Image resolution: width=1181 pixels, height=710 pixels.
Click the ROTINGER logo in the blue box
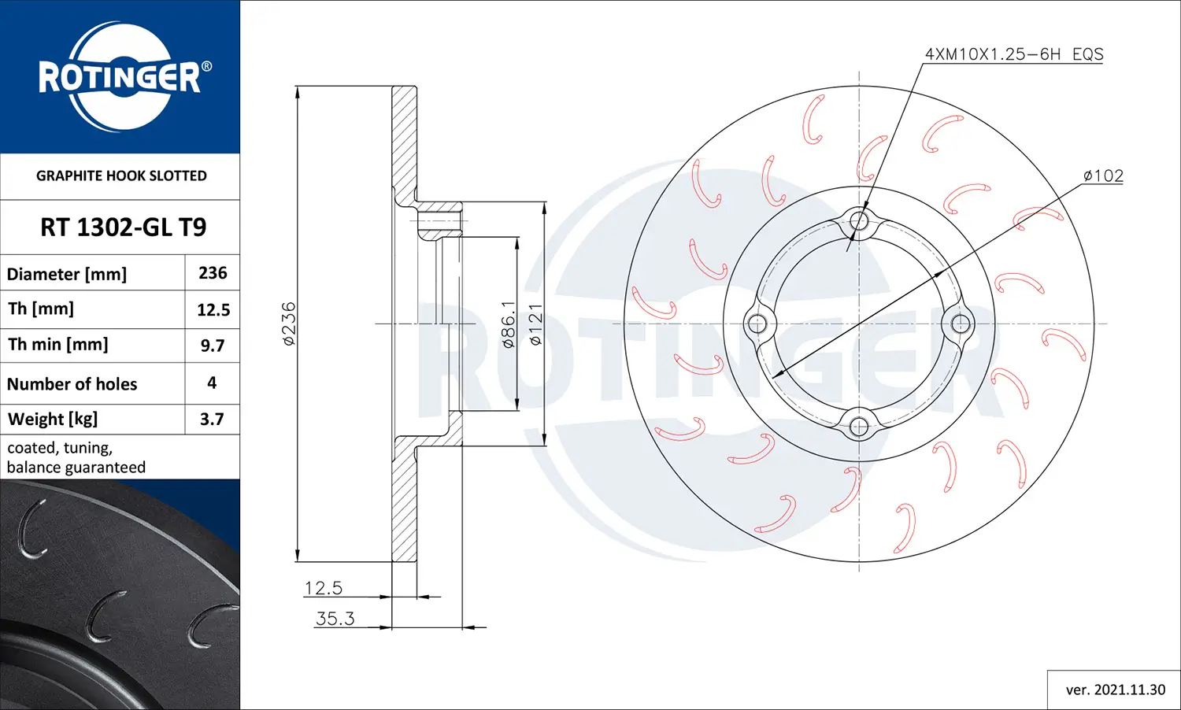pos(123,77)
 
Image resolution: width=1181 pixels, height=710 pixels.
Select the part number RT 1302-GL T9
pos(123,227)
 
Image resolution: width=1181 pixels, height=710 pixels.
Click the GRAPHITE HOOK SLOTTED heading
pos(121,176)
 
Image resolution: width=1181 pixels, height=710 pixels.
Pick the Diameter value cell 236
pos(213,273)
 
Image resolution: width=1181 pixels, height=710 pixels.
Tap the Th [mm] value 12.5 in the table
pos(213,309)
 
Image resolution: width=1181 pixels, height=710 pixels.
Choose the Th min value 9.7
pos(213,346)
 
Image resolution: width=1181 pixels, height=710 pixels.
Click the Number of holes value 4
pos(212,383)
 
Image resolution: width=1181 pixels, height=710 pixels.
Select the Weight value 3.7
pos(212,419)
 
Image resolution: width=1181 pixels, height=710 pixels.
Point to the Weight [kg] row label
pos(53,419)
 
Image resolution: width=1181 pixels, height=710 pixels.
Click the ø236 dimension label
pos(289,324)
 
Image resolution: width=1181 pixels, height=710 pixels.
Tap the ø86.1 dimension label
pos(509,324)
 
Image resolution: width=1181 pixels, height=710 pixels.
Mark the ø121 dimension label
pos(535,324)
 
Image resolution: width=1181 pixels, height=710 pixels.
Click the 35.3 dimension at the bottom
pos(335,619)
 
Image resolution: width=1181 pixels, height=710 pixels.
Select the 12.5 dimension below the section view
pos(323,588)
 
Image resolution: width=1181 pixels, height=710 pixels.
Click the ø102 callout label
pos(1103,176)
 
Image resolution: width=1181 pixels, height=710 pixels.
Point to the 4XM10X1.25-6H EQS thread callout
pos(1013,54)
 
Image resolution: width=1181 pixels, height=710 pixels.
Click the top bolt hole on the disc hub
pos(859,221)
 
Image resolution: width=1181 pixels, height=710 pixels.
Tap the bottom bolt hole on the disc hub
pos(859,427)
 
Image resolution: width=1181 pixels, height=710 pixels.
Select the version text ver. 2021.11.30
pos(1115,690)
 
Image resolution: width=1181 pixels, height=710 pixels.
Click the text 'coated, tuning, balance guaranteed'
pos(76,457)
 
